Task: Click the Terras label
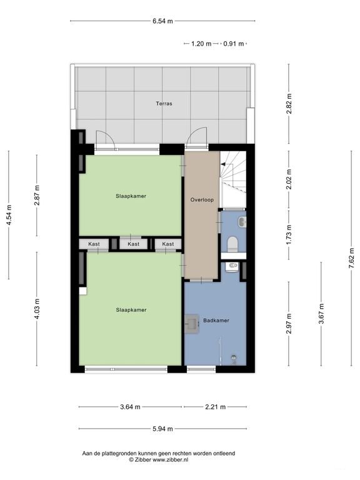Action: coord(164,104)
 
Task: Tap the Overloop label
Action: coord(202,199)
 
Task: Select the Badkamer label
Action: coord(216,321)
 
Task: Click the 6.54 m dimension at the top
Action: coord(162,21)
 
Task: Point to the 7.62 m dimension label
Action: coord(351,257)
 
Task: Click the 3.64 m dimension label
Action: coord(130,407)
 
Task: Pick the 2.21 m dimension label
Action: coord(215,407)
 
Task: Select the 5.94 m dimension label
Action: coord(162,429)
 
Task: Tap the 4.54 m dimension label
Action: coord(9,215)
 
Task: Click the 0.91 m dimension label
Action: coord(234,44)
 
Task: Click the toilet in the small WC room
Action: coord(233,244)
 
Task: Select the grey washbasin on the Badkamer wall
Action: coord(192,324)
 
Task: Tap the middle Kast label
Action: coord(134,244)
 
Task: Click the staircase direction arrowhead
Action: coord(223,164)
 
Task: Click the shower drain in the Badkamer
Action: coord(234,357)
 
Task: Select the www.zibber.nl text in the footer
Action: coord(170,459)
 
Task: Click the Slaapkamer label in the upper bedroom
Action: coord(131,196)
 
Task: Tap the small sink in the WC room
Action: coord(242,222)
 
